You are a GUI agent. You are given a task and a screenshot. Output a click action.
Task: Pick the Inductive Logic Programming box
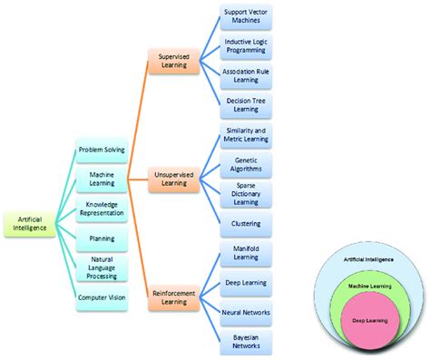(246, 46)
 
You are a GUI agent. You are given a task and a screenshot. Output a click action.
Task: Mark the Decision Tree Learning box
(246, 104)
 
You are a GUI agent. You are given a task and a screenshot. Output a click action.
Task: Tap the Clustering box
(246, 222)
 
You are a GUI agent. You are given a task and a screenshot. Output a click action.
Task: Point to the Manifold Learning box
(246, 253)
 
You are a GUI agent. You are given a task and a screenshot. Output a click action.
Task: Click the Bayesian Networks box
(246, 340)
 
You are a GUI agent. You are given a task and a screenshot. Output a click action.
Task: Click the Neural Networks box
(246, 311)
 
